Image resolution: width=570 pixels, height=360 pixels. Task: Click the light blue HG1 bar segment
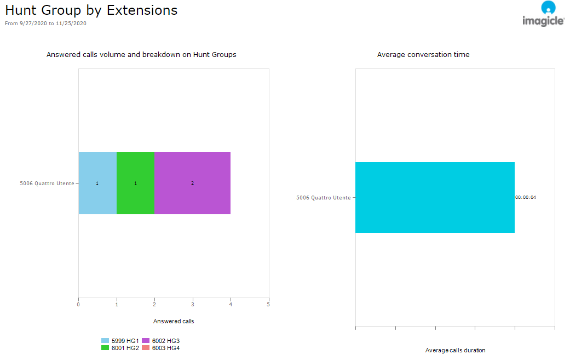point(97,183)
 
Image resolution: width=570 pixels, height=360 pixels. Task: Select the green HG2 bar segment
point(135,183)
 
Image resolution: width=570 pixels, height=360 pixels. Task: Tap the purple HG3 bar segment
point(192,183)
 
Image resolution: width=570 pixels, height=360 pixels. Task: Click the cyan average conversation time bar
point(435,197)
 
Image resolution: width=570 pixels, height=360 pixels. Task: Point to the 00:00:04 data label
point(526,197)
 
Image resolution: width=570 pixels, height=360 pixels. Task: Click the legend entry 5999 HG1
point(120,341)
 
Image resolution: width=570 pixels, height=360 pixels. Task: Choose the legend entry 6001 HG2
point(120,348)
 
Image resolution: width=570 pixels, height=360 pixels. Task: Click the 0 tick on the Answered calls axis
point(78,305)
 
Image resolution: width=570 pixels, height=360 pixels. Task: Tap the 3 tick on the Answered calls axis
point(192,305)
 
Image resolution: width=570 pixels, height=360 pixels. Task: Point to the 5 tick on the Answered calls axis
point(268,305)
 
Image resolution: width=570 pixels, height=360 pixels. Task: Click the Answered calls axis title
point(174,321)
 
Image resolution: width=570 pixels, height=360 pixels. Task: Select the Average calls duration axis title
point(455,350)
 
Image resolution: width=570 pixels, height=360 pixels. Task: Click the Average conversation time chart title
point(423,55)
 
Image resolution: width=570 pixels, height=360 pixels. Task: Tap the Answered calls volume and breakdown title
point(141,55)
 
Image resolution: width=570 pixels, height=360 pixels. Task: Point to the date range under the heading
point(45,24)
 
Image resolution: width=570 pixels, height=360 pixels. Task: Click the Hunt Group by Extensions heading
point(91,10)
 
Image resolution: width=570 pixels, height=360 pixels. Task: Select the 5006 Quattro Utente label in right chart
point(323,197)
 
